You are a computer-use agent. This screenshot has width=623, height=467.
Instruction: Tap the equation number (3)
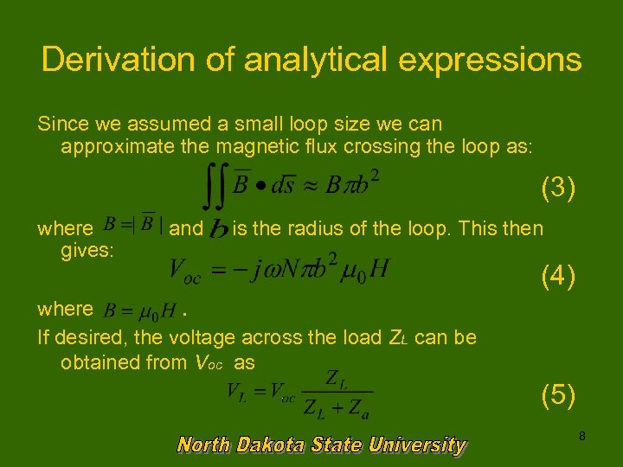click(557, 188)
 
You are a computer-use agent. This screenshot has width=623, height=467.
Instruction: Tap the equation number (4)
click(557, 277)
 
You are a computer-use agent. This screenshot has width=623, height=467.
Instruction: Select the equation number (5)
click(557, 394)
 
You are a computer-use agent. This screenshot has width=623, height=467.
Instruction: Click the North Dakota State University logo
click(321, 445)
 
